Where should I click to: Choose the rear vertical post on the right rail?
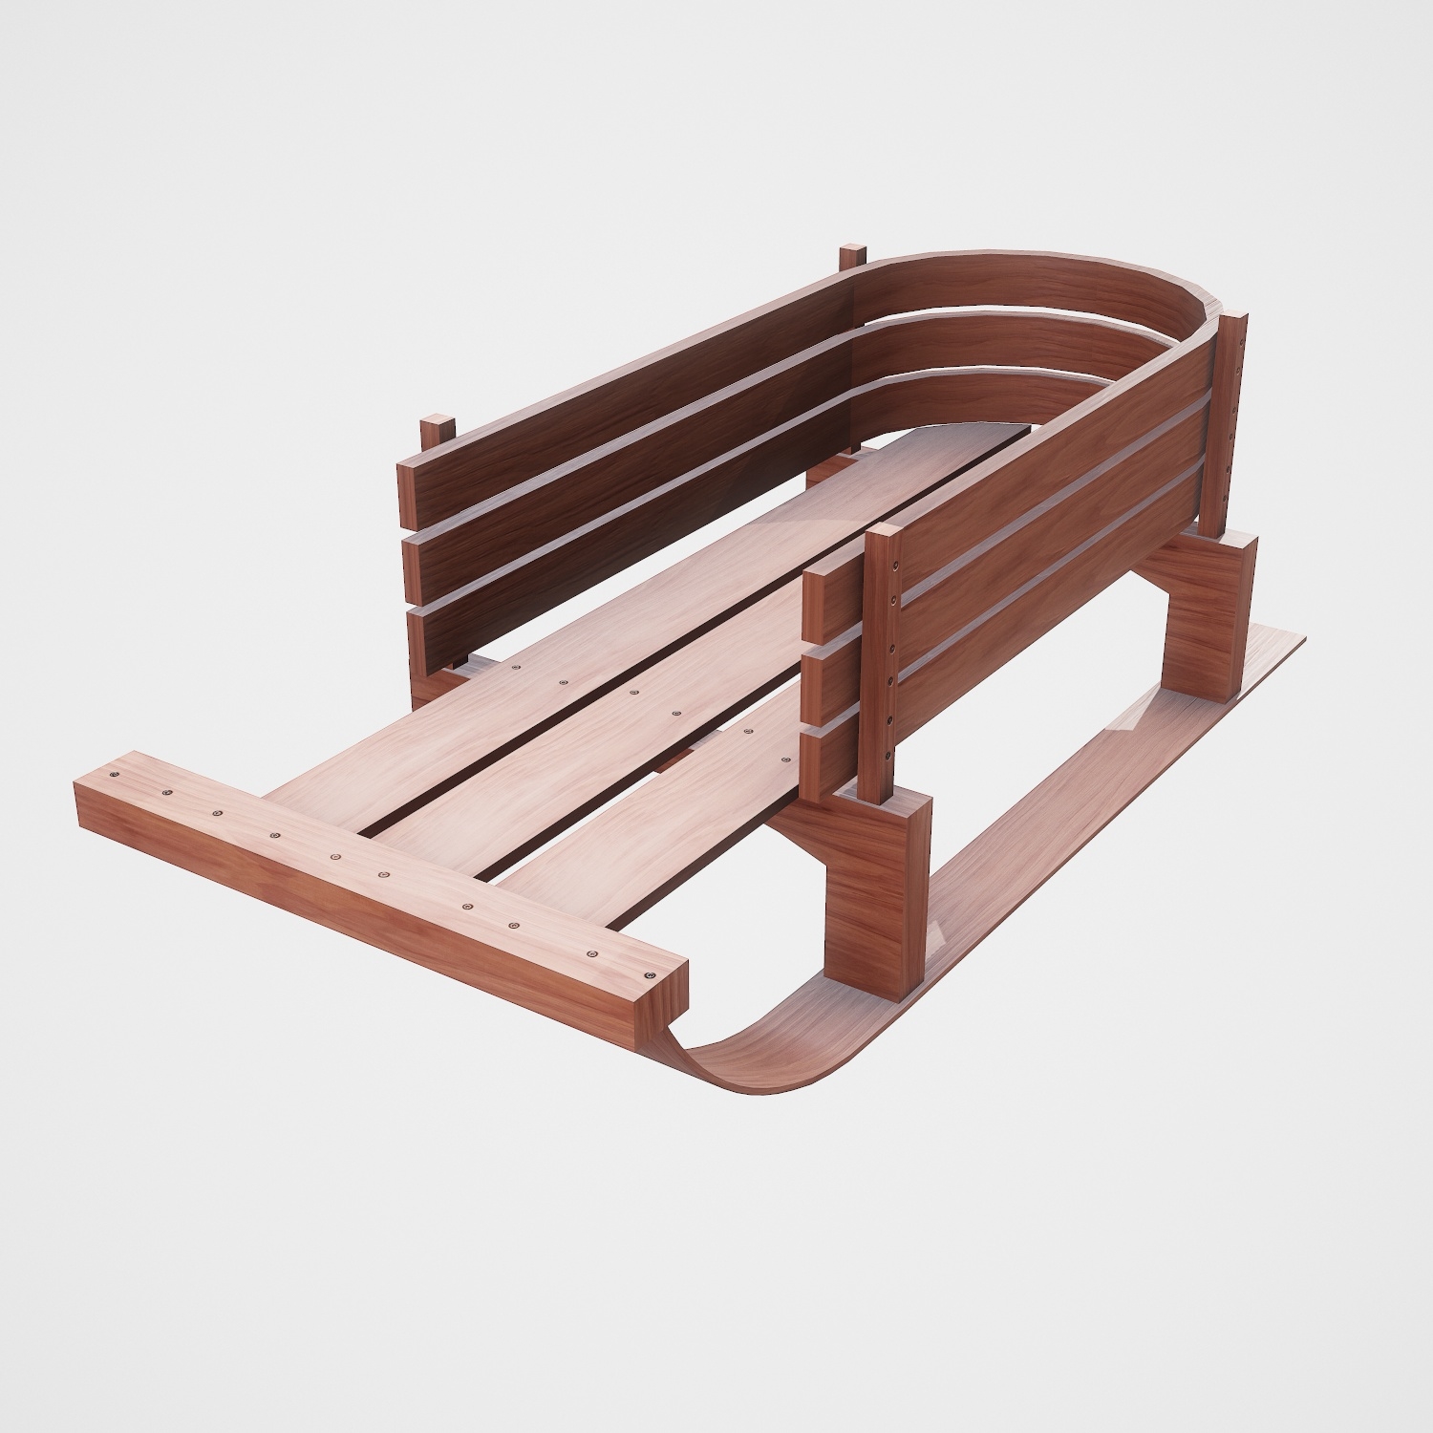tap(1232, 420)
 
